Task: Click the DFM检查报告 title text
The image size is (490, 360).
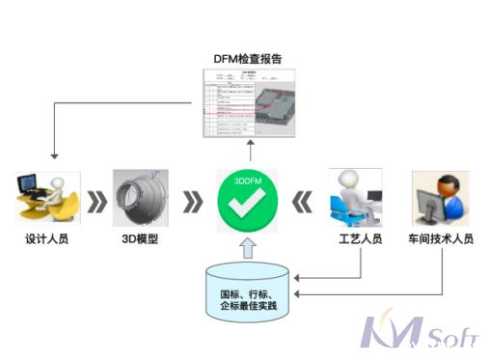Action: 249,57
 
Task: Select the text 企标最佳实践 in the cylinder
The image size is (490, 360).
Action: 247,306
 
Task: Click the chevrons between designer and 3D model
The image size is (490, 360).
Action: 95,201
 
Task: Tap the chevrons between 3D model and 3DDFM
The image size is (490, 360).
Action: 194,201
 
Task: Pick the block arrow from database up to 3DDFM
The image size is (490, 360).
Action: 247,249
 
